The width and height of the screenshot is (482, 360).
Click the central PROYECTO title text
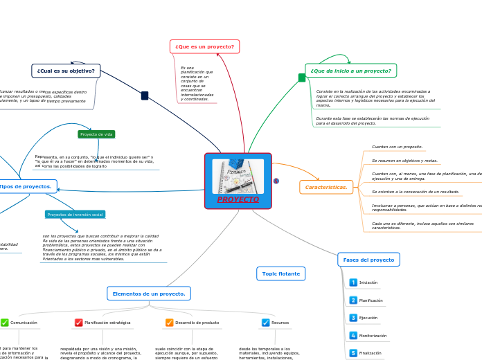238,199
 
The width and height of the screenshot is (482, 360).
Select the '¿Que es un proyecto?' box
204,46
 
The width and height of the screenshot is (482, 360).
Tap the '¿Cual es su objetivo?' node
66,71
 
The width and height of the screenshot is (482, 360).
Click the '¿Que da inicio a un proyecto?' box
350,71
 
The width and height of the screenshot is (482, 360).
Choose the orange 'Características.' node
327,187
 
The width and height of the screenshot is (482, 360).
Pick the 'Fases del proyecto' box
368,260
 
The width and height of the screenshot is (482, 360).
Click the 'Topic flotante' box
280,273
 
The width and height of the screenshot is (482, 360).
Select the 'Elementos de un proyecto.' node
149,294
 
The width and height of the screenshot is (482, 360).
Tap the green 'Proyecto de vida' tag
96,134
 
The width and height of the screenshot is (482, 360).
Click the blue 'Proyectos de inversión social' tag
75,215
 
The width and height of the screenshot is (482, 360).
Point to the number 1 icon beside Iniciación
353,282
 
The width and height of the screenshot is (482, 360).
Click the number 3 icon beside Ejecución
353,318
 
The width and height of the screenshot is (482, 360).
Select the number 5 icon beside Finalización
353,353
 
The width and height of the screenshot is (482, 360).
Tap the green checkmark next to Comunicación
5,323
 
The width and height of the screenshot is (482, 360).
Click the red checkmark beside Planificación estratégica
79,323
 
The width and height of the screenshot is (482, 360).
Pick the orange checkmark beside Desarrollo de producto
170,323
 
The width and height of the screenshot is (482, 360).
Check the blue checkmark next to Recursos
266,323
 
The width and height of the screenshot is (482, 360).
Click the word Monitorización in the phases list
373,336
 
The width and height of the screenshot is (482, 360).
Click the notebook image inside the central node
238,176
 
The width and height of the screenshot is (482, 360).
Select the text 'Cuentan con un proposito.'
397,147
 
